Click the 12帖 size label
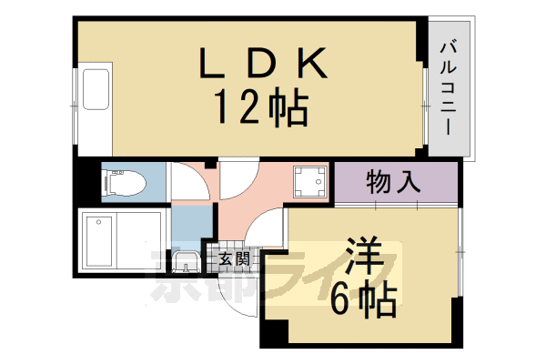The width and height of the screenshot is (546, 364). pos(261,109)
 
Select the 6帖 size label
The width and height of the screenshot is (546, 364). pos(364,300)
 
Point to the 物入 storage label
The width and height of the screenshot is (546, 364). pos(393,182)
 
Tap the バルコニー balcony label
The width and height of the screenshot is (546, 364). pos(449,88)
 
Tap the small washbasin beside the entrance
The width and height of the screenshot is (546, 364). pos(185,264)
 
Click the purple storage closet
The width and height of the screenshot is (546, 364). pos(393,183)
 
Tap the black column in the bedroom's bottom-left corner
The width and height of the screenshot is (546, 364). pos(270,335)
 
